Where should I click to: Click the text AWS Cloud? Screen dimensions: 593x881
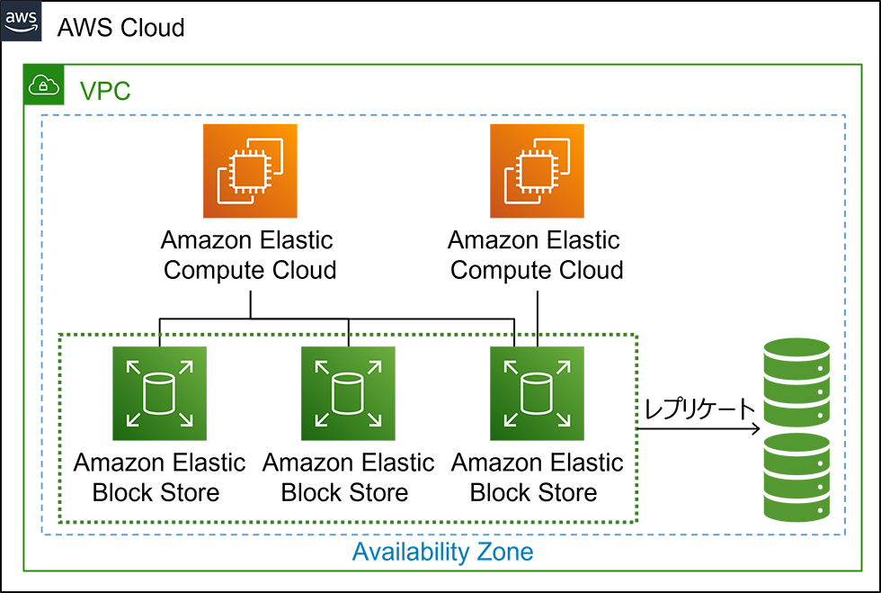point(120,27)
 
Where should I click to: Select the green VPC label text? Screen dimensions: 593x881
point(105,91)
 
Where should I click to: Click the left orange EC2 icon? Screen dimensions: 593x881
point(250,171)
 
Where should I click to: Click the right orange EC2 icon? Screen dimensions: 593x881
point(537,171)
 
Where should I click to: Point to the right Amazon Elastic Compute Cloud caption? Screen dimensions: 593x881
point(536,255)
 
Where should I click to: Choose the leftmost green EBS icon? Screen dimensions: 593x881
point(160,394)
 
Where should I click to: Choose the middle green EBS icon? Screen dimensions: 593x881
point(348,394)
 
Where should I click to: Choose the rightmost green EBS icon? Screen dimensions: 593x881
point(537,394)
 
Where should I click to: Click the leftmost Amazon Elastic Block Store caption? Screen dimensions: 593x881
point(158,478)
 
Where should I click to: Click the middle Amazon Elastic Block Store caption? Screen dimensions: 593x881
point(347,478)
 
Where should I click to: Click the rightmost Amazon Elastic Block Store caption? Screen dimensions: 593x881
point(536,478)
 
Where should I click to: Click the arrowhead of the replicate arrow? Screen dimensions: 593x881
point(753,430)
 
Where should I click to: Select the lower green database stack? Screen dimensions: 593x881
point(796,476)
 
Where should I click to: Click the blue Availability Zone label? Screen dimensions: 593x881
point(442,551)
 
